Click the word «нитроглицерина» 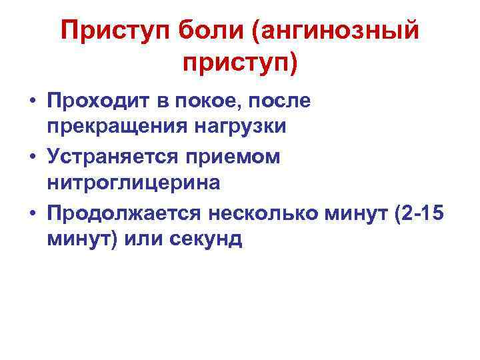[133, 181]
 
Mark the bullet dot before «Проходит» [32, 103]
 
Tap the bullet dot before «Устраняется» [32, 159]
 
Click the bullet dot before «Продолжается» [32, 215]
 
